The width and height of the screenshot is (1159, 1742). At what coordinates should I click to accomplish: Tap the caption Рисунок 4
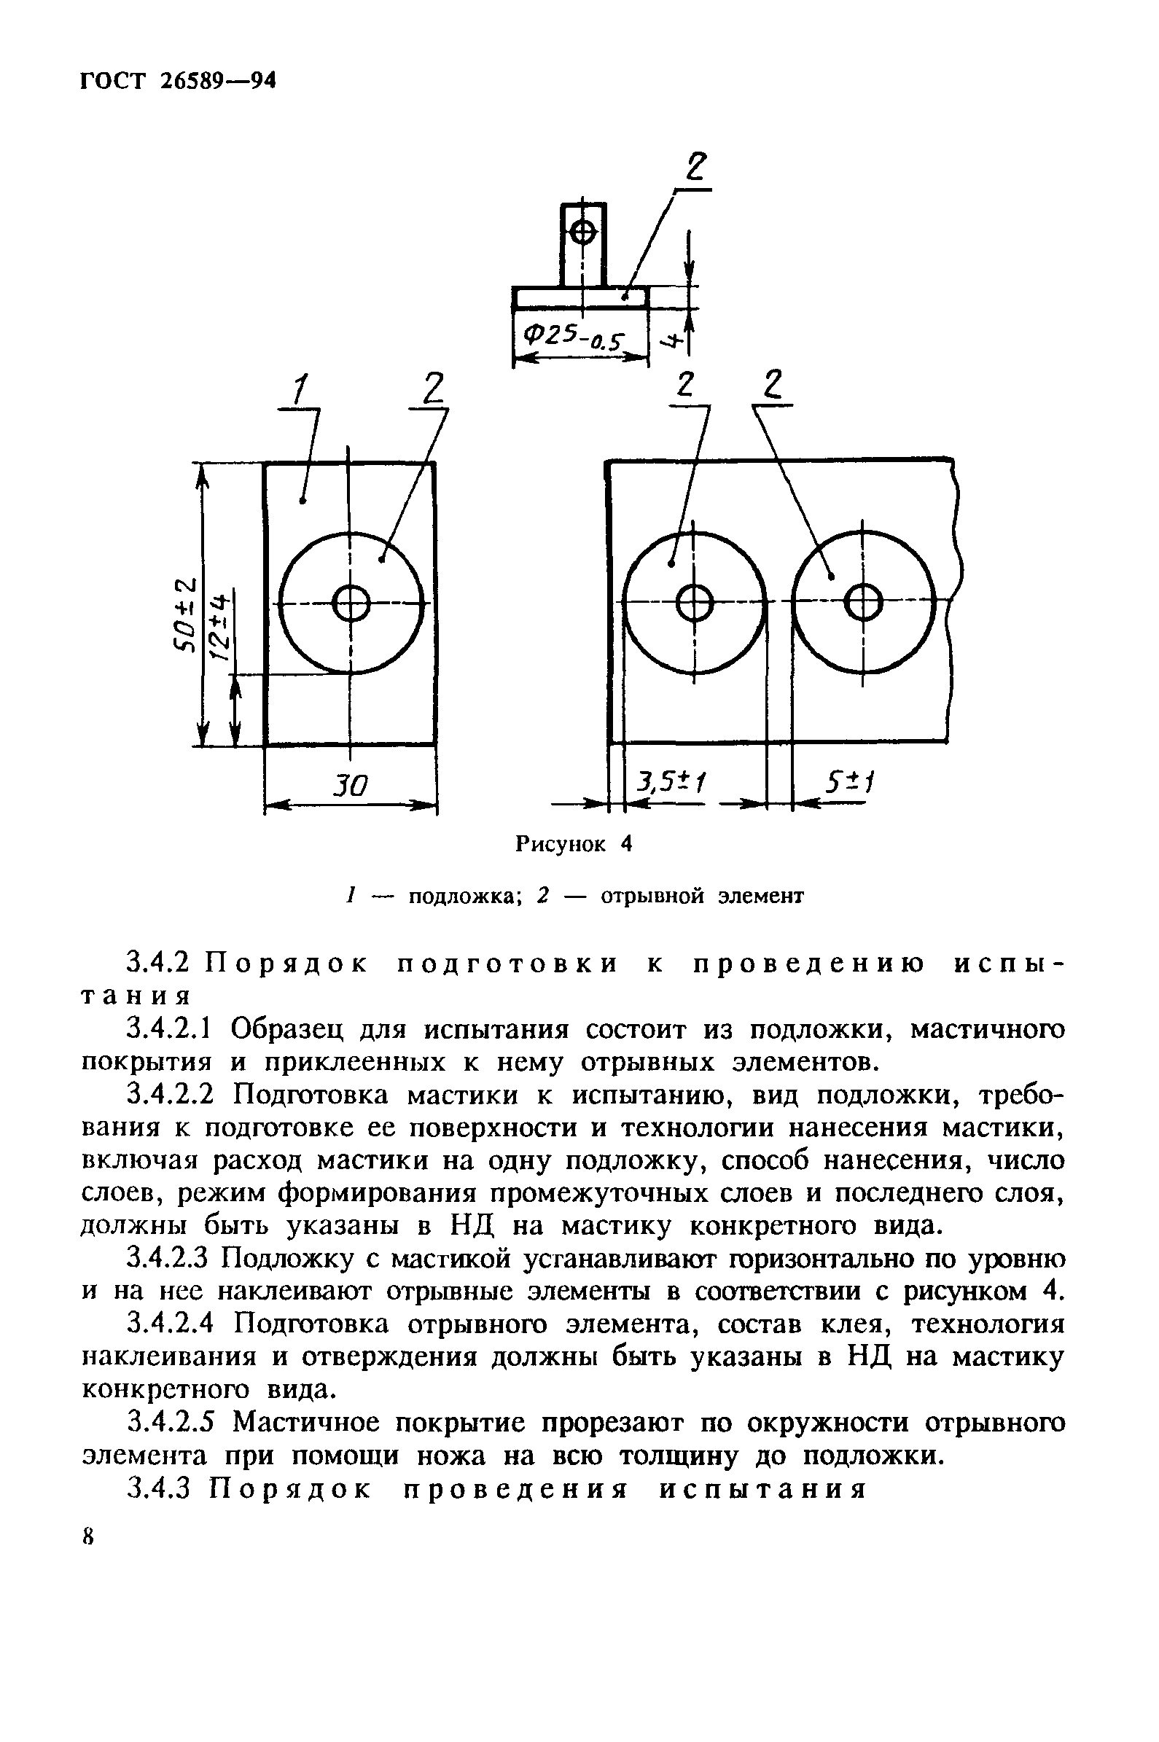[574, 844]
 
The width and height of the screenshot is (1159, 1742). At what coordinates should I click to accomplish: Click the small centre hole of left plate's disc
[351, 604]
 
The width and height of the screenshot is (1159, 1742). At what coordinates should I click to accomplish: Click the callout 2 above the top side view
[695, 168]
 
